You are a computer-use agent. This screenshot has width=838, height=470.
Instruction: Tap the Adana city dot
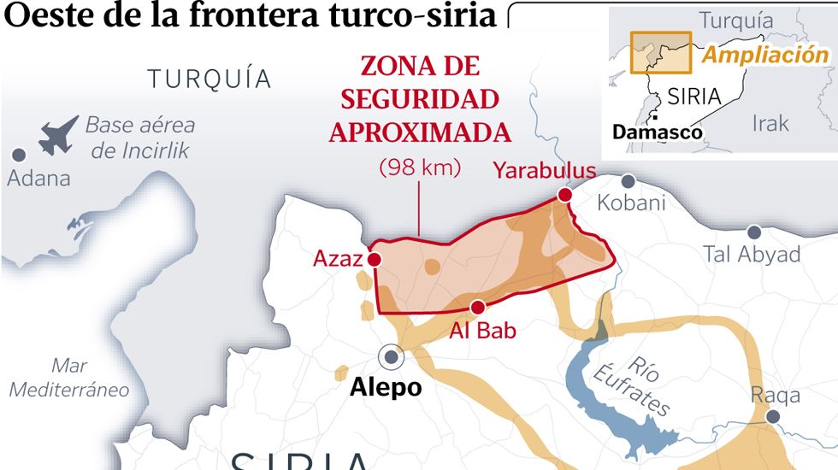coord(18,156)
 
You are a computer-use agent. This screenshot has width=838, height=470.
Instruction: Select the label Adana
coord(38,179)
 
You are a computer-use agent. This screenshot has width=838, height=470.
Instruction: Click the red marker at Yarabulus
coord(564,196)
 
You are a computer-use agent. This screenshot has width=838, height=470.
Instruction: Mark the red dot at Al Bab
coord(478,308)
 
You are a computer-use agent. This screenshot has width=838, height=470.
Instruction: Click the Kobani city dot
coord(628,181)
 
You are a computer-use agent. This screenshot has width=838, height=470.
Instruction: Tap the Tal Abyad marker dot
coord(753,232)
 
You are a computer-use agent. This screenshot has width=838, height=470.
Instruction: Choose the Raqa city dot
coord(774,416)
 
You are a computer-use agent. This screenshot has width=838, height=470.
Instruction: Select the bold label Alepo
coord(386,387)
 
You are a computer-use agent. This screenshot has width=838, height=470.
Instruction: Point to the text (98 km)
coord(420,167)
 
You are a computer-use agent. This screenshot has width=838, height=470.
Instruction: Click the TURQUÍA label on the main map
coord(209,79)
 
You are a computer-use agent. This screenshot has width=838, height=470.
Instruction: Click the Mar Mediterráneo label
coord(68,378)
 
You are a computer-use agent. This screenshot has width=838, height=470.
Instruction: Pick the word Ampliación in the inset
coord(765,56)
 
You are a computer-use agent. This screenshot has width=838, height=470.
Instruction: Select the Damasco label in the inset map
coord(658,132)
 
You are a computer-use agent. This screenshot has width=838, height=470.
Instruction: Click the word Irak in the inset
coord(770,123)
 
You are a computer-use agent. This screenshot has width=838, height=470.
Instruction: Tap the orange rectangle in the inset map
coord(660,52)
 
